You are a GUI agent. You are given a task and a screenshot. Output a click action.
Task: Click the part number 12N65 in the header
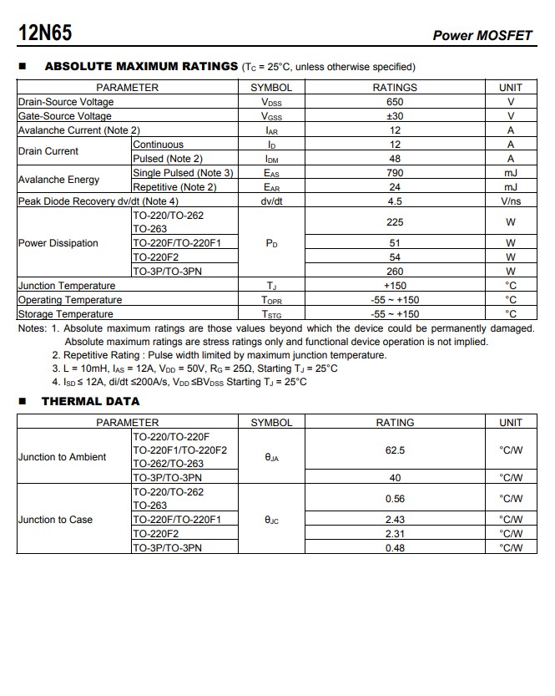click(45, 33)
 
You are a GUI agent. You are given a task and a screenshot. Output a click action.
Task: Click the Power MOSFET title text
click(482, 35)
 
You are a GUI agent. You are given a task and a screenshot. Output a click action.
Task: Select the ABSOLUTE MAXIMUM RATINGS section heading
click(140, 66)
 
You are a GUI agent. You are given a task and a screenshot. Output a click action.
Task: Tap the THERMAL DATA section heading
click(90, 401)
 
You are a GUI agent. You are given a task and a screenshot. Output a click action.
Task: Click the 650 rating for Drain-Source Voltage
click(395, 102)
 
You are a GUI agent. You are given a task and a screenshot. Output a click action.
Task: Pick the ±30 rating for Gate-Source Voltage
click(395, 116)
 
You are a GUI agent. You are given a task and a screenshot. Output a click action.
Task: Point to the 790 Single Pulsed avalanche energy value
click(395, 173)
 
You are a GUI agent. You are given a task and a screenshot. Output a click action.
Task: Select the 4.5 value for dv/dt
click(395, 201)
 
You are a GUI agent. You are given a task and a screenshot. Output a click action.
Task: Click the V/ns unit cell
click(511, 201)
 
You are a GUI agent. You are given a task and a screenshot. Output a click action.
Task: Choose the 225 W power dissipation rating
click(395, 222)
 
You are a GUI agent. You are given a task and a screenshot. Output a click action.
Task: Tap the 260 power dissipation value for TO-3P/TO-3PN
click(395, 272)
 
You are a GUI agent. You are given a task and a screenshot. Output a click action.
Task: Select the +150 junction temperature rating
click(395, 286)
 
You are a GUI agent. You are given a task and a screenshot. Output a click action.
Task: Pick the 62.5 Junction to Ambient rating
click(395, 450)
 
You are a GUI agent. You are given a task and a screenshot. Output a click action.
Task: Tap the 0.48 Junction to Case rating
click(395, 548)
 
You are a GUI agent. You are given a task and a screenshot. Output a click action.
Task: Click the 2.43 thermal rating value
click(395, 520)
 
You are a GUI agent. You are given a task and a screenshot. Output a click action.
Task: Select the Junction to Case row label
click(56, 520)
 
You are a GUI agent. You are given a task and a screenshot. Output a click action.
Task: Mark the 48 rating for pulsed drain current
click(395, 159)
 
